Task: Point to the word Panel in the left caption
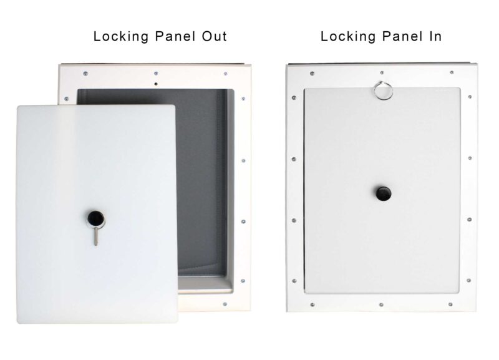[x=170, y=36]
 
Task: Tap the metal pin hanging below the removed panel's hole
[x=94, y=236]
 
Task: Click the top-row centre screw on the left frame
[x=155, y=72]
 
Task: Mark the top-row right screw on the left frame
[x=225, y=73]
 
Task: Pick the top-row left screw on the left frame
[x=85, y=73]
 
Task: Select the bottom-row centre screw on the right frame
[x=381, y=305]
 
